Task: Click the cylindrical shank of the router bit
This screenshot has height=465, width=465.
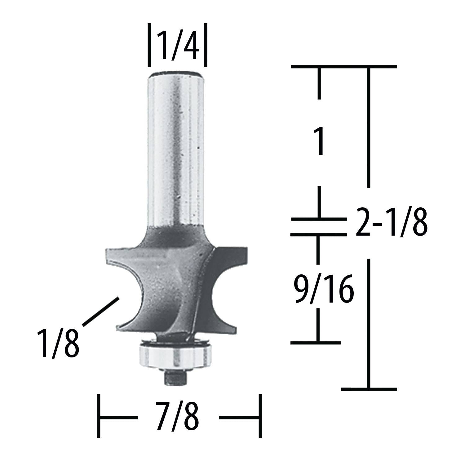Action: pyautogui.click(x=176, y=149)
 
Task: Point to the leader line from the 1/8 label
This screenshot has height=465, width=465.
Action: pyautogui.click(x=101, y=311)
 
